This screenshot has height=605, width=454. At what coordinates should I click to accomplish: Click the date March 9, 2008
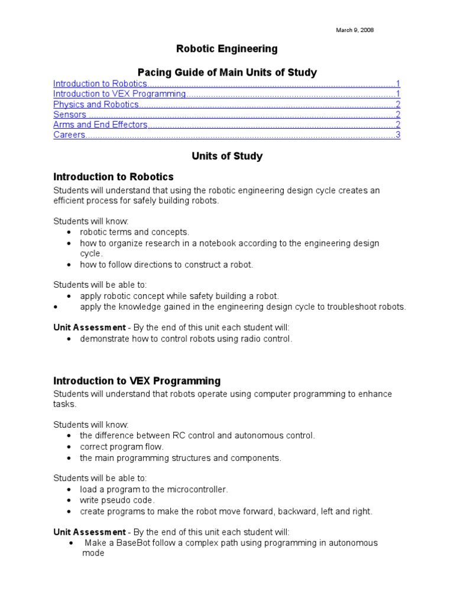pyautogui.click(x=355, y=30)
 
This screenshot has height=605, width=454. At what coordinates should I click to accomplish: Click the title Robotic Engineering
pyautogui.click(x=227, y=49)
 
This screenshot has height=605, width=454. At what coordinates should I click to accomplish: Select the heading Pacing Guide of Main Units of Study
pyautogui.click(x=227, y=73)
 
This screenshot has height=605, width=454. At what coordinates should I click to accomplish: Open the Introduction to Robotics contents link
pyautogui.click(x=100, y=84)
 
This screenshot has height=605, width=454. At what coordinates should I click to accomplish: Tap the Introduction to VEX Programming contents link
pyautogui.click(x=119, y=94)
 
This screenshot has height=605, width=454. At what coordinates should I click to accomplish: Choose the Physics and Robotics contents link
pyautogui.click(x=96, y=105)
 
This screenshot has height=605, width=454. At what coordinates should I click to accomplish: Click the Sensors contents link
pyautogui.click(x=70, y=115)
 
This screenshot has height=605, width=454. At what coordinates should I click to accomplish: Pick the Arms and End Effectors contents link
pyautogui.click(x=100, y=125)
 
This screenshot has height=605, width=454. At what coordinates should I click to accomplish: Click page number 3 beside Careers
pyautogui.click(x=398, y=135)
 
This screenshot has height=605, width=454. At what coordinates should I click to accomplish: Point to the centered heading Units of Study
pyautogui.click(x=227, y=157)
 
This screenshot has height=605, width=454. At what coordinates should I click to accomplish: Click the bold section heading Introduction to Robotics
pyautogui.click(x=113, y=177)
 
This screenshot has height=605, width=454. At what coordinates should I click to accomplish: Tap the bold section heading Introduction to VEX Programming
pyautogui.click(x=137, y=381)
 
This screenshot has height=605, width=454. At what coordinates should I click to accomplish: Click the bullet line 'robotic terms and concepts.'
pyautogui.click(x=134, y=232)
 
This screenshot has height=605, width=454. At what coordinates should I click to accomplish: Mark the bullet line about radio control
pyautogui.click(x=186, y=339)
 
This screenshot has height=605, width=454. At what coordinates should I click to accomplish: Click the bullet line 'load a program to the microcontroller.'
pyautogui.click(x=154, y=490)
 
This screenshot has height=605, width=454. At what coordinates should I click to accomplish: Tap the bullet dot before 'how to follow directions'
pyautogui.click(x=70, y=265)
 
